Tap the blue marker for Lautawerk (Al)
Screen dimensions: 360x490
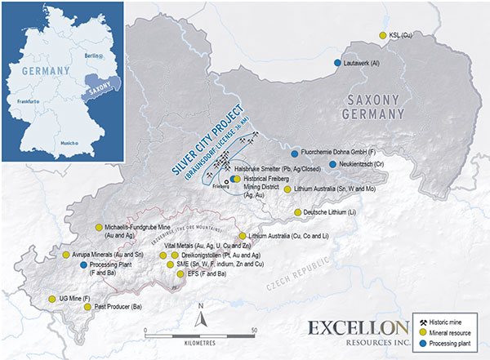click(337, 62)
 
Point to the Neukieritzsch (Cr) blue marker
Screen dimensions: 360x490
click(332, 164)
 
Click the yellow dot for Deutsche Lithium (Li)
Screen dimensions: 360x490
click(296, 212)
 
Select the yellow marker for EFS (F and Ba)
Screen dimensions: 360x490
click(180, 274)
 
